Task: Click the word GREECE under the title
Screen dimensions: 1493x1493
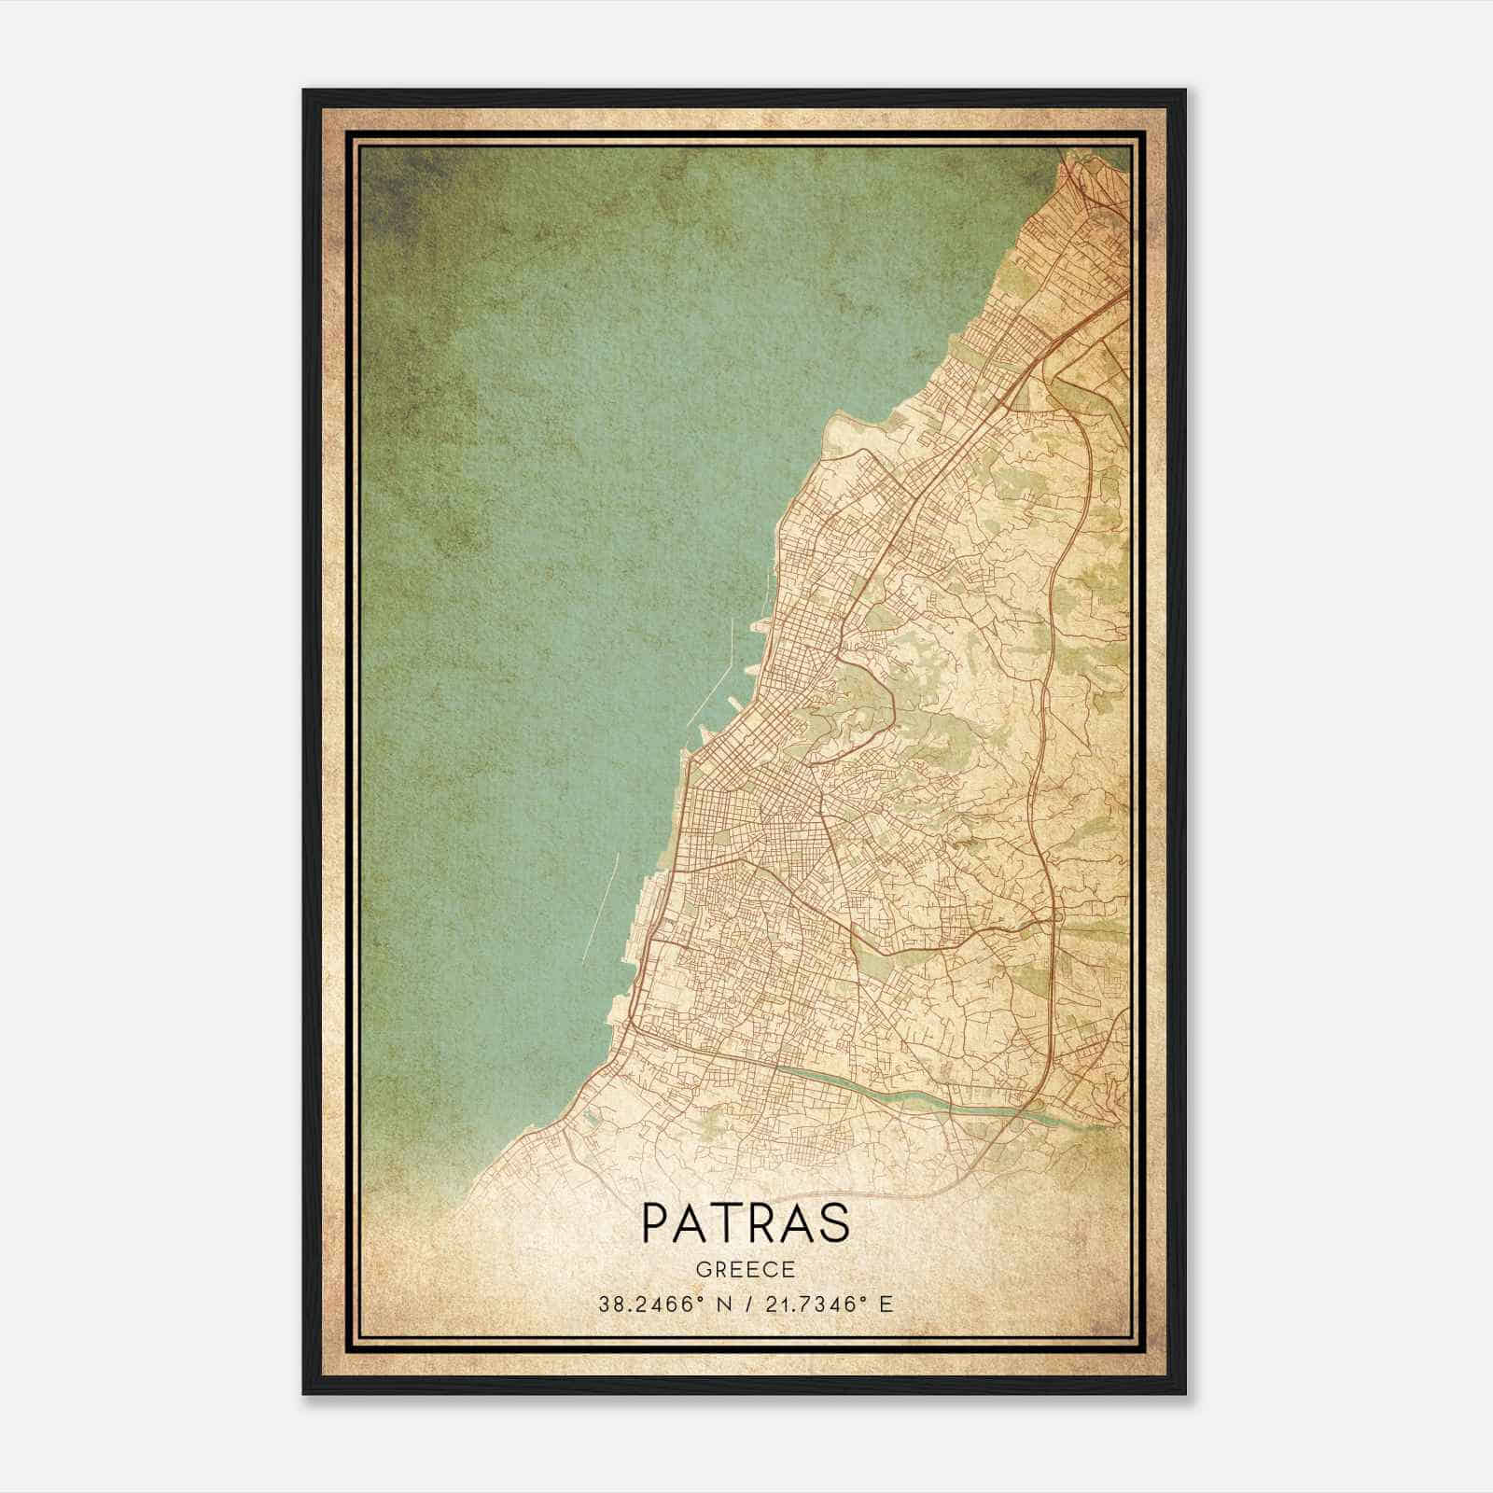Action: (x=746, y=1269)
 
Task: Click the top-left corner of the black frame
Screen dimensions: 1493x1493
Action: (x=305, y=91)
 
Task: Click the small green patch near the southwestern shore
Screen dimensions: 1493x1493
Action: (x=590, y=1113)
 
